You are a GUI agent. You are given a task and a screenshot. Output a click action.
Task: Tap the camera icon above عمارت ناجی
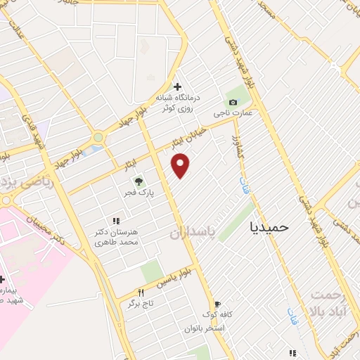[x=233, y=102]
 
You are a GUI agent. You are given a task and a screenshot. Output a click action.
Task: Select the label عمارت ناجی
[x=233, y=112]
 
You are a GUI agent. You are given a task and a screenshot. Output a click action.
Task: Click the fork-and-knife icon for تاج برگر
[x=141, y=293]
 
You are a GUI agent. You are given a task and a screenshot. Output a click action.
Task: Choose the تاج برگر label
[x=140, y=304]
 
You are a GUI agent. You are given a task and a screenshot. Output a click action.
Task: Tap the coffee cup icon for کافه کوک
[x=217, y=304]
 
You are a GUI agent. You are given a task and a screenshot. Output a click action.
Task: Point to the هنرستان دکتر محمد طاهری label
[x=117, y=237]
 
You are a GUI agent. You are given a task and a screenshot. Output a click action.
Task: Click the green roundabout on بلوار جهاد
[x=98, y=137]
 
